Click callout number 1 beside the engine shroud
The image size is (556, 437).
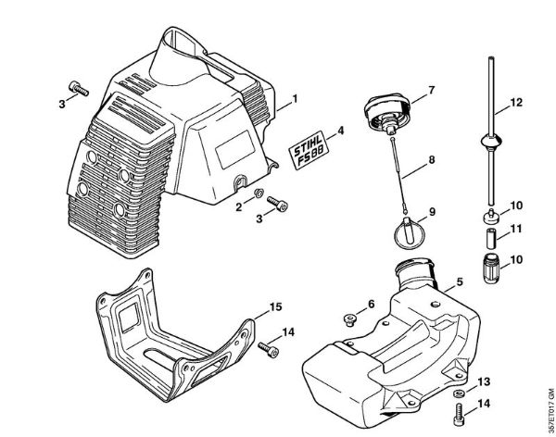(x=295, y=98)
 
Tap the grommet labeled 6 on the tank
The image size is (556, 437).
(x=350, y=319)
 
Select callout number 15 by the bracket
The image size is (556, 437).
(x=276, y=306)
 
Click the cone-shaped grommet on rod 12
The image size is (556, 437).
(x=489, y=144)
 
